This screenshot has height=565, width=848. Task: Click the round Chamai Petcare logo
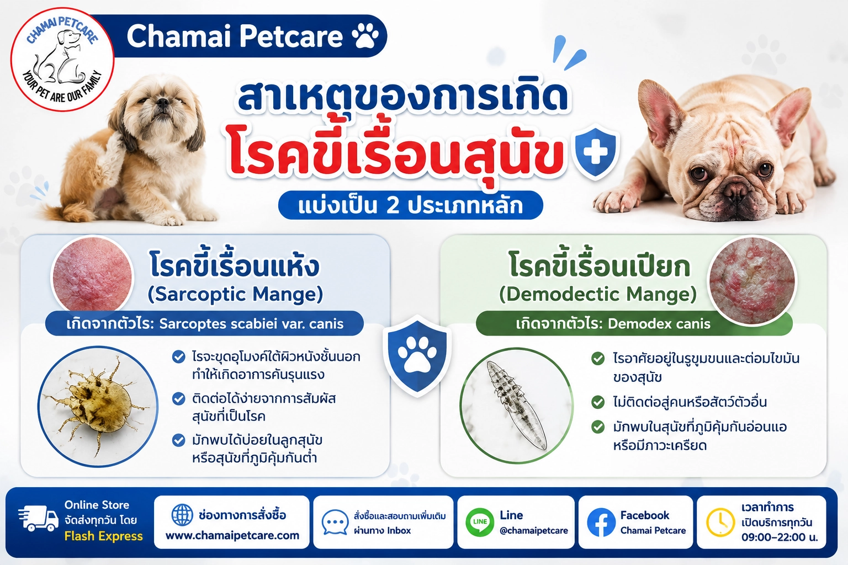(62, 60)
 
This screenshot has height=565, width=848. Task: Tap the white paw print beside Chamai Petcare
(365, 35)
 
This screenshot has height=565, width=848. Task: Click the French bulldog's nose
(736, 188)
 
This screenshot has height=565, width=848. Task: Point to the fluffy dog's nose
(163, 102)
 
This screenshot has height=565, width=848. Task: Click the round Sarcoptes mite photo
(98, 406)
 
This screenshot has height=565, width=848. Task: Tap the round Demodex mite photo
(517, 406)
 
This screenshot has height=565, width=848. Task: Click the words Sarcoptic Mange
(236, 294)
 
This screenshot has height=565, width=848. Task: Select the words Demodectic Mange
(598, 294)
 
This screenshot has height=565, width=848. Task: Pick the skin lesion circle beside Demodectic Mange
(752, 280)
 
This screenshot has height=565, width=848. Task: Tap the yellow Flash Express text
(103, 536)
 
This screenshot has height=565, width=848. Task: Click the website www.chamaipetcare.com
(232, 536)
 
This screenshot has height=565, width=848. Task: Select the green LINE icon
(480, 522)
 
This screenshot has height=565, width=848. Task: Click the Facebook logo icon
(601, 522)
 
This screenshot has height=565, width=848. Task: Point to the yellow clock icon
(720, 523)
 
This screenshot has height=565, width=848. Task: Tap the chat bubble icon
(335, 522)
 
